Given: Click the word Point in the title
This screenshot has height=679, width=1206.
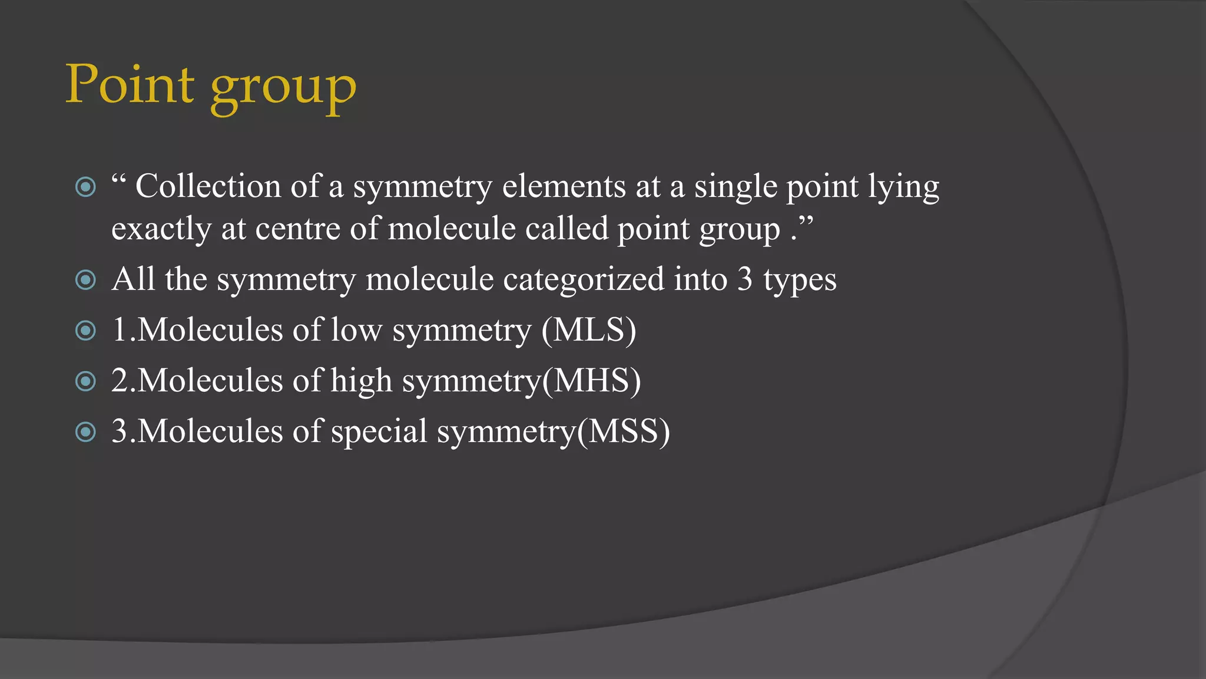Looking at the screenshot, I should pyautogui.click(x=130, y=84).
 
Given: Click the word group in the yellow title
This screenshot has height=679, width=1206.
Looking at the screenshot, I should pyautogui.click(x=283, y=88).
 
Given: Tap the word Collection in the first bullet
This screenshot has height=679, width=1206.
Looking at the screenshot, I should pyautogui.click(x=208, y=186).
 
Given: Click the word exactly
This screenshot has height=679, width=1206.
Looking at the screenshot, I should pyautogui.click(x=161, y=229).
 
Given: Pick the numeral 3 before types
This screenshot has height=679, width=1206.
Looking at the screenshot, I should pyautogui.click(x=745, y=279).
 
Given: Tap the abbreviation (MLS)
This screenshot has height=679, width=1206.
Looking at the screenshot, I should pyautogui.click(x=589, y=330).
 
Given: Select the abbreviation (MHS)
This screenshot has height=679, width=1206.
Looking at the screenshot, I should pyautogui.click(x=591, y=381).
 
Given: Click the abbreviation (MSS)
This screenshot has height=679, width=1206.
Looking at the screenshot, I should pyautogui.click(x=623, y=431).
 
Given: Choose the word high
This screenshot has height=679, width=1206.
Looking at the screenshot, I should pyautogui.click(x=361, y=381).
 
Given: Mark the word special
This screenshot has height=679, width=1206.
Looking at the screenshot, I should pyautogui.click(x=379, y=431).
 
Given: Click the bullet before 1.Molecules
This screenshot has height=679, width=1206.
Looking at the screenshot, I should pyautogui.click(x=86, y=331).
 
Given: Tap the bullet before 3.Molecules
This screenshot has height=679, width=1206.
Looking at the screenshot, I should pyautogui.click(x=86, y=432).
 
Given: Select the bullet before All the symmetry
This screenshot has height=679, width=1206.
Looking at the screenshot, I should pyautogui.click(x=86, y=279).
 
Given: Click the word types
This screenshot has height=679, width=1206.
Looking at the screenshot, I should pyautogui.click(x=800, y=280).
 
